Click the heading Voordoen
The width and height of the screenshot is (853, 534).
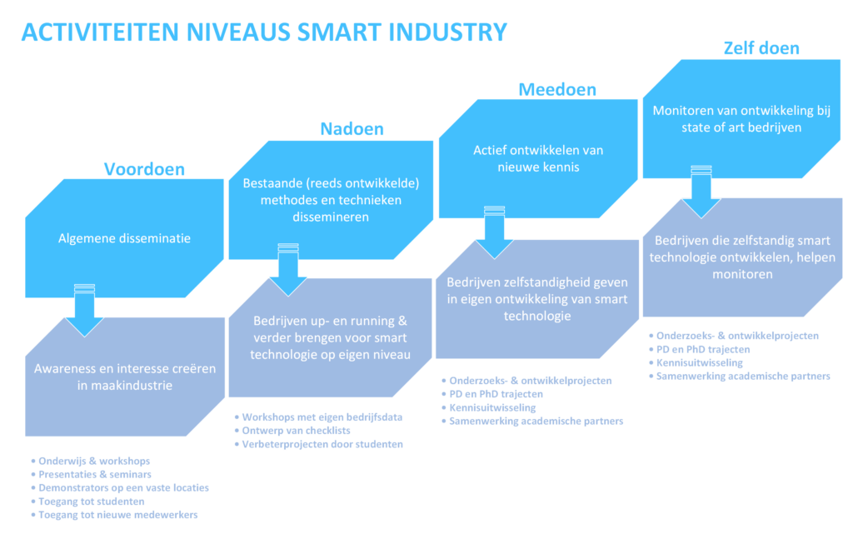point(144,169)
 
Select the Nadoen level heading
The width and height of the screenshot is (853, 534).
point(352,129)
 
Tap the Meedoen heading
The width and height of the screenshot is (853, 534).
point(557,89)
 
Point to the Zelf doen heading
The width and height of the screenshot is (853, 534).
point(761,47)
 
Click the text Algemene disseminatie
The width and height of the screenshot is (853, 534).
point(125,238)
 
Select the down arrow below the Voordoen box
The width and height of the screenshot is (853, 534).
point(84,310)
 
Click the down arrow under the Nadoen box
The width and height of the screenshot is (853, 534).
point(287,270)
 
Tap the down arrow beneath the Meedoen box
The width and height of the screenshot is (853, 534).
point(494,232)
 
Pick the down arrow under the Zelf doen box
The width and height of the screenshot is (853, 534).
point(701,192)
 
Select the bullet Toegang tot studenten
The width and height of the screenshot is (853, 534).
point(87,502)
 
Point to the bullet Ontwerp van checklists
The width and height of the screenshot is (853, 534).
point(292,431)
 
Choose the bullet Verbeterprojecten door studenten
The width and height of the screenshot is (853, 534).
point(319,444)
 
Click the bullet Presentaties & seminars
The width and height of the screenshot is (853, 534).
point(91,475)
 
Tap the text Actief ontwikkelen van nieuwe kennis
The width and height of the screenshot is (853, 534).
point(538,158)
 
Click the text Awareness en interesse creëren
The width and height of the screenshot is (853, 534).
point(125,369)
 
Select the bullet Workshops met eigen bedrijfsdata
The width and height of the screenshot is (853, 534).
point(318,417)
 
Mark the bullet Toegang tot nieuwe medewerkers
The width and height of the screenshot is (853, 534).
point(114,515)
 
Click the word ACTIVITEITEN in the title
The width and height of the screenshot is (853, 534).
point(100,32)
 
